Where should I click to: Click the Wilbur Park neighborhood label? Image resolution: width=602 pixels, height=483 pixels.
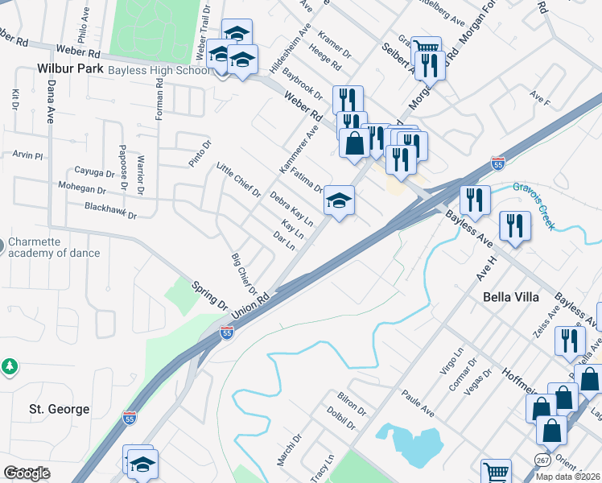(x=70, y=69)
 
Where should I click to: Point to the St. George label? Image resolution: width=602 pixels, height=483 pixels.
(x=60, y=409)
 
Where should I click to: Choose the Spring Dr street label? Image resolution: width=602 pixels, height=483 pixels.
(x=208, y=295)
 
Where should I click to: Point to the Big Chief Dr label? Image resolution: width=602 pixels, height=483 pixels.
(x=243, y=274)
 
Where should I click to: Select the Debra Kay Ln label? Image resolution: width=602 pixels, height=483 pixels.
(x=291, y=208)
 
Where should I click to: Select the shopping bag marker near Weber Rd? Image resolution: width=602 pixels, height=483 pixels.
(x=354, y=144)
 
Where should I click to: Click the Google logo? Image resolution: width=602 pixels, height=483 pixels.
(x=27, y=473)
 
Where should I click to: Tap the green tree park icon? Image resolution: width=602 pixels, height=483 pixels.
(x=10, y=366)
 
